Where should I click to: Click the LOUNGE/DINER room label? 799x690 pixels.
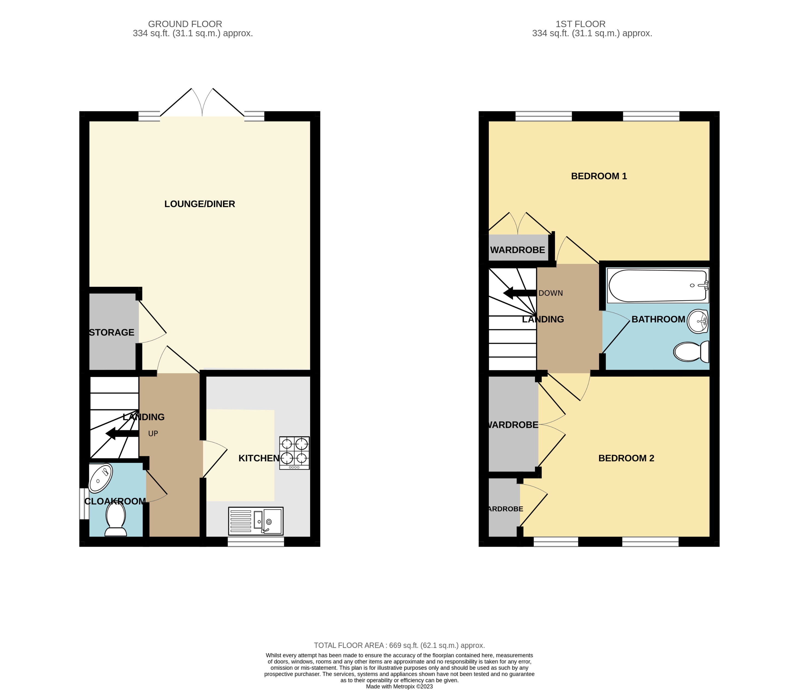pyautogui.click(x=199, y=204)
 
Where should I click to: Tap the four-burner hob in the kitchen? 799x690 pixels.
pyautogui.click(x=294, y=452)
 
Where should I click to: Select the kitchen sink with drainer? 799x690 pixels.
pyautogui.click(x=256, y=521)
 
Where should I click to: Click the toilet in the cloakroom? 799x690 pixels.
pyautogui.click(x=116, y=520)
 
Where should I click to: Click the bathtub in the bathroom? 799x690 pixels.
pyautogui.click(x=658, y=286)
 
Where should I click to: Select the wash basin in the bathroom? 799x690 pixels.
pyautogui.click(x=698, y=321)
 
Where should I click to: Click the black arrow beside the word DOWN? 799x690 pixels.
pyautogui.click(x=519, y=293)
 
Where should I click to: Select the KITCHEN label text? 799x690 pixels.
pyautogui.click(x=258, y=458)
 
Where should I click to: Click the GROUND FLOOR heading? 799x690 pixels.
pyautogui.click(x=185, y=24)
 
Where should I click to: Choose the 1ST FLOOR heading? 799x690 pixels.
pyautogui.click(x=580, y=24)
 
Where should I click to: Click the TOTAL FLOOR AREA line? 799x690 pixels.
pyautogui.click(x=399, y=645)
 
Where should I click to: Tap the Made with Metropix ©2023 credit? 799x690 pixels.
pyautogui.click(x=399, y=686)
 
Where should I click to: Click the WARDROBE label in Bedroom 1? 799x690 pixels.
pyautogui.click(x=517, y=250)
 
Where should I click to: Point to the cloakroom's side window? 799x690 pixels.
pyautogui.click(x=83, y=504)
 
